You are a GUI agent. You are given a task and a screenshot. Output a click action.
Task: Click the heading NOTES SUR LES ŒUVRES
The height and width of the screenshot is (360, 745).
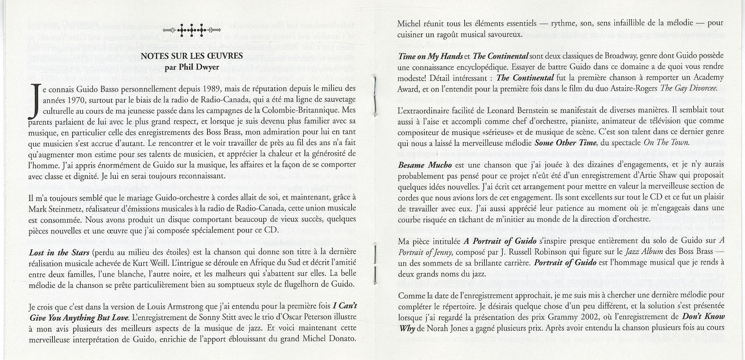tap(191, 56)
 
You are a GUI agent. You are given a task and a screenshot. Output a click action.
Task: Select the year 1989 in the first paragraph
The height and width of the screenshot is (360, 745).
tap(211, 88)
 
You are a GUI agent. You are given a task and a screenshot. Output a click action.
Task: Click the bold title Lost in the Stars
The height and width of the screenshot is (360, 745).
tap(59, 252)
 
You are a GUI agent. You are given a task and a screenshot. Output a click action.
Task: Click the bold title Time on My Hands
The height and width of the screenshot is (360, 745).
tap(430, 56)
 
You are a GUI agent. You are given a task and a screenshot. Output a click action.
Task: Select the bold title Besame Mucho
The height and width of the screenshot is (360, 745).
tap(425, 165)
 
